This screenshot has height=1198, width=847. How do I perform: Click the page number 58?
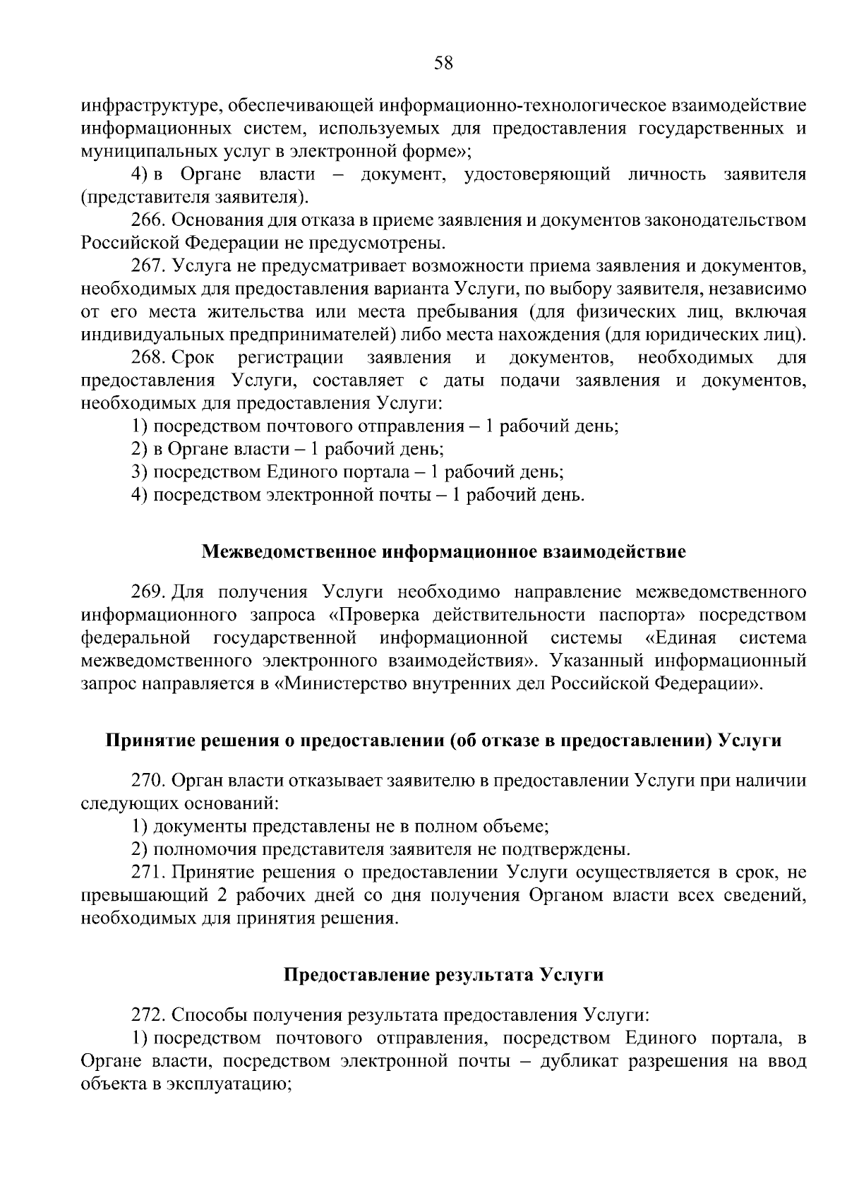[x=443, y=64]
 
